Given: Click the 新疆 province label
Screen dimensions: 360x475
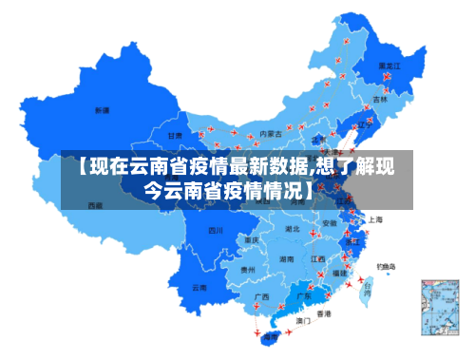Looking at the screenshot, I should click(x=102, y=110).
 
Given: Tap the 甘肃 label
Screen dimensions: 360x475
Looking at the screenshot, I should click(x=176, y=136).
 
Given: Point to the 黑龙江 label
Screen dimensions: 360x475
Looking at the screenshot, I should click(x=389, y=66).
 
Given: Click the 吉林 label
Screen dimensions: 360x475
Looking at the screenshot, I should click(x=380, y=99).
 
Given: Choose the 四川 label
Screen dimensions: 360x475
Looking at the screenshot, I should click(x=216, y=230).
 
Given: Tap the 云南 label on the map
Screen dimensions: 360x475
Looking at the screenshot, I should click(x=199, y=287).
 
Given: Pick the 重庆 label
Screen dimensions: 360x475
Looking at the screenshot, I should click(x=252, y=239).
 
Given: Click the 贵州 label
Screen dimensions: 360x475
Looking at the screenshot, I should click(x=248, y=270).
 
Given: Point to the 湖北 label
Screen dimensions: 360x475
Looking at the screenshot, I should click(x=294, y=229).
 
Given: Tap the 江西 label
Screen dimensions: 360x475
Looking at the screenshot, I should click(x=319, y=257).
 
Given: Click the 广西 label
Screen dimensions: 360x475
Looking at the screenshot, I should click(x=261, y=296).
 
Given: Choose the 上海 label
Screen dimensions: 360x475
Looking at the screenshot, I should click(x=375, y=219).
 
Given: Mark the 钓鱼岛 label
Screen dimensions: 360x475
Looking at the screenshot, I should click(x=385, y=266).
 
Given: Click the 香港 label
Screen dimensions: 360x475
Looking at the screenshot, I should click(x=324, y=313).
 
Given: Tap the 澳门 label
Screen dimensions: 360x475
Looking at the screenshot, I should click(x=303, y=321).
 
